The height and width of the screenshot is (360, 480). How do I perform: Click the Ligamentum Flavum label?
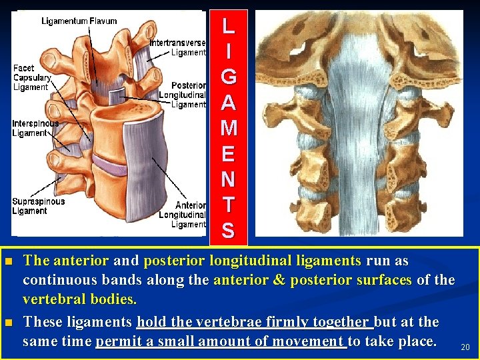click(79, 21)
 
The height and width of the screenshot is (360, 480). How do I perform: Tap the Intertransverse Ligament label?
click(177, 47)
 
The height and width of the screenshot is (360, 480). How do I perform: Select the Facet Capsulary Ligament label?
click(31, 77)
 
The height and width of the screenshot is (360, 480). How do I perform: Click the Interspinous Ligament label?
click(35, 128)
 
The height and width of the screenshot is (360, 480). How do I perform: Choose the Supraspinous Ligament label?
click(38, 206)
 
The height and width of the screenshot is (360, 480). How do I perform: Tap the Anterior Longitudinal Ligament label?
click(182, 215)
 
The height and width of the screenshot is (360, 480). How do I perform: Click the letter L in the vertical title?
click(228, 26)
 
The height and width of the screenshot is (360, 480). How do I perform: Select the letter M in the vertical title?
click(228, 128)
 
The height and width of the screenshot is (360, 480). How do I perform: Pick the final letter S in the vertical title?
click(228, 231)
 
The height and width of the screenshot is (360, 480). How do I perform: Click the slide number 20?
click(465, 347)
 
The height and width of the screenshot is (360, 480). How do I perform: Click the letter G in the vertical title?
click(228, 77)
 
